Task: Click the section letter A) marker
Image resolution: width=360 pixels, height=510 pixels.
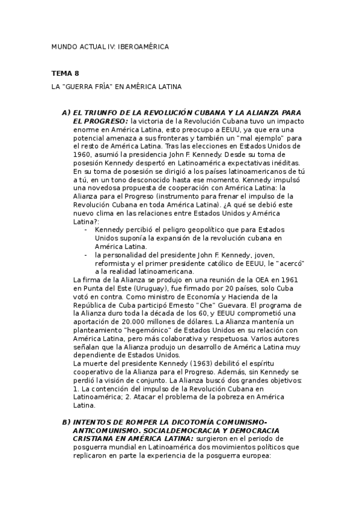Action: click(66, 113)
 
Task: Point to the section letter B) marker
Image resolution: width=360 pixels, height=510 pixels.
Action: click(66, 422)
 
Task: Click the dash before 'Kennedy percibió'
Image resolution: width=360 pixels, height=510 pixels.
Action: click(87, 230)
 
